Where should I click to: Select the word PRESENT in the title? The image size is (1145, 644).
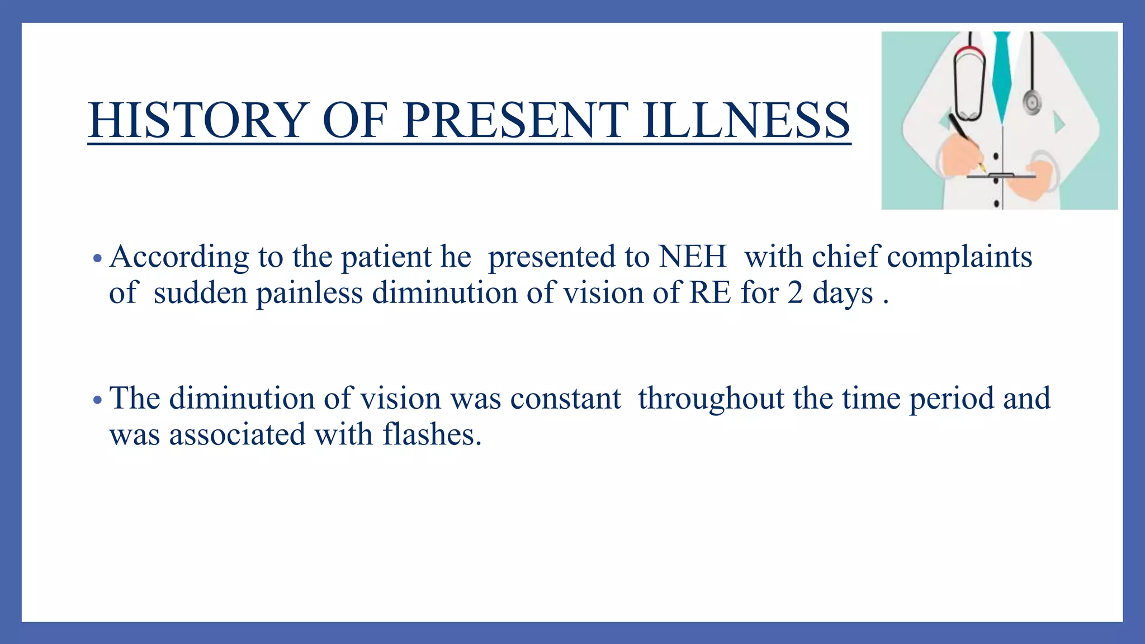coord(515,120)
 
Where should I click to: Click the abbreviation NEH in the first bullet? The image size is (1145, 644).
coord(693,257)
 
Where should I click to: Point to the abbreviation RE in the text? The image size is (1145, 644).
coord(710,293)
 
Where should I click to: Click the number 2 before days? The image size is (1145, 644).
coord(795,293)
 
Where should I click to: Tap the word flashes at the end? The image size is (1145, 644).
coord(432,434)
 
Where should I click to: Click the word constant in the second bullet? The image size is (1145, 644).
coord(565,399)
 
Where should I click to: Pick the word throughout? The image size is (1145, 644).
coord(711,399)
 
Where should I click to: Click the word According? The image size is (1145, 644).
coord(179,257)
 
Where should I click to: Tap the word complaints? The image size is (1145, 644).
coord(959,257)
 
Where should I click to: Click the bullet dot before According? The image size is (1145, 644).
coord(97,259)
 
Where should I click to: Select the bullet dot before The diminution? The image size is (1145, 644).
coord(97,400)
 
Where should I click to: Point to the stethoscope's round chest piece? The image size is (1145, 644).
coord(1032,102)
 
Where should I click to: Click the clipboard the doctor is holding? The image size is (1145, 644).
coord(1001,177)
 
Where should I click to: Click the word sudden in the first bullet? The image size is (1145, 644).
coord(200,293)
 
